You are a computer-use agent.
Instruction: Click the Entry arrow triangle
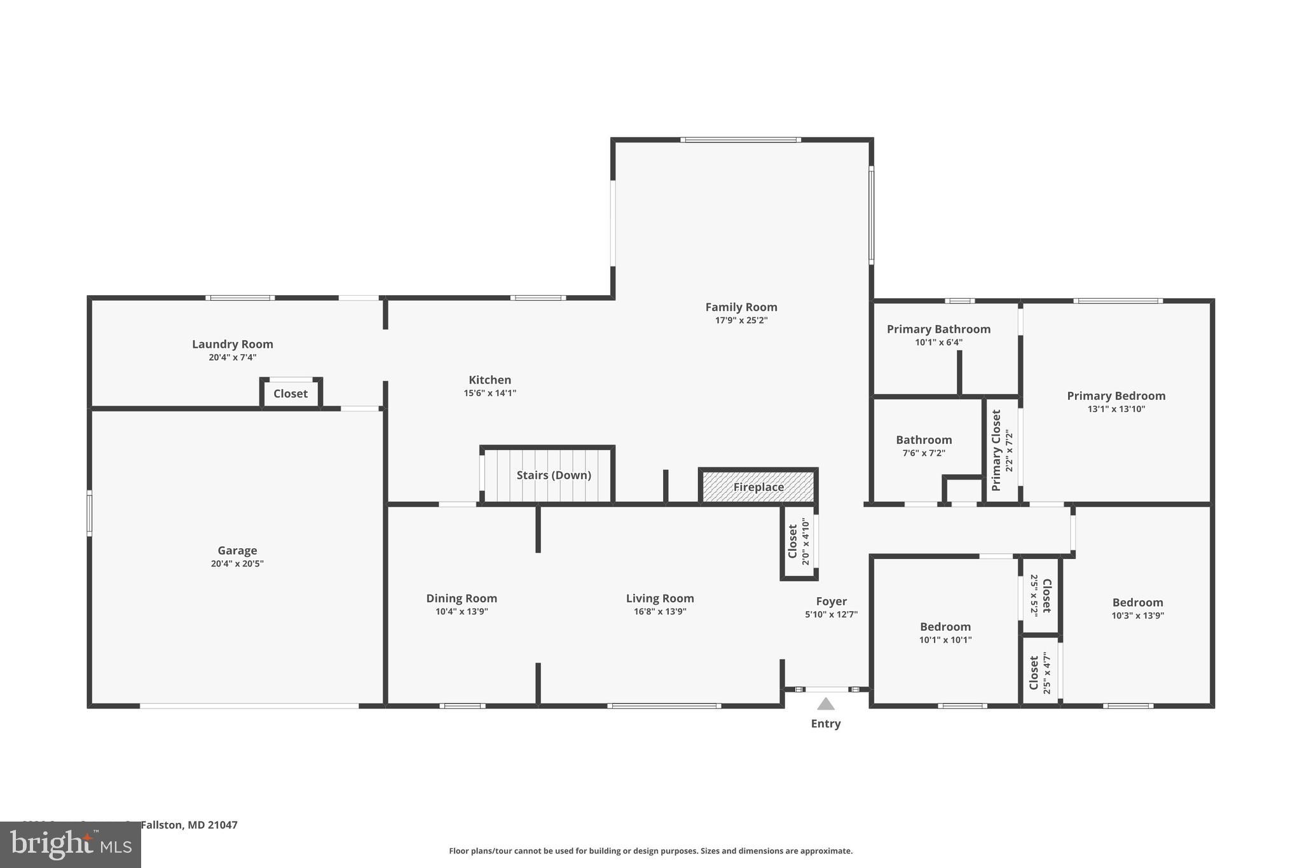tap(825, 703)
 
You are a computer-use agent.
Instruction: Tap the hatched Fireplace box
tap(758, 487)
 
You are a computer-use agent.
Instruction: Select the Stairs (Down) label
tap(553, 475)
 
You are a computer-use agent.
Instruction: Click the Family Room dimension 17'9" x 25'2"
tap(741, 320)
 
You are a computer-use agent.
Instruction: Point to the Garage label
tap(237, 551)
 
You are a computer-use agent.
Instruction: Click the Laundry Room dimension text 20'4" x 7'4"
tap(233, 357)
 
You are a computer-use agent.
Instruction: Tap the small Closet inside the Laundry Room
tap(291, 394)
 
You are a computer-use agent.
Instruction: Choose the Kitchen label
tap(490, 380)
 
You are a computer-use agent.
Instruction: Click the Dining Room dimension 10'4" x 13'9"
tap(462, 612)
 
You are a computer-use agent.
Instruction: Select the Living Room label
tap(660, 598)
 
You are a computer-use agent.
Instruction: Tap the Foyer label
tap(831, 601)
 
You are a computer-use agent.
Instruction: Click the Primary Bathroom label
tap(938, 329)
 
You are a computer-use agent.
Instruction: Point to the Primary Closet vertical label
tap(996, 450)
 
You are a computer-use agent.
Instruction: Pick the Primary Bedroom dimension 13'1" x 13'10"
tap(1116, 409)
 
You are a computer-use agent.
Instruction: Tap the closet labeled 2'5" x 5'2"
tap(1041, 595)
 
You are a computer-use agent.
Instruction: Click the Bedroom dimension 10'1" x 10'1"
tap(945, 640)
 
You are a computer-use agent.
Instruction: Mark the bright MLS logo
tap(70, 844)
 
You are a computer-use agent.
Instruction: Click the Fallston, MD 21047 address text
tap(189, 825)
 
